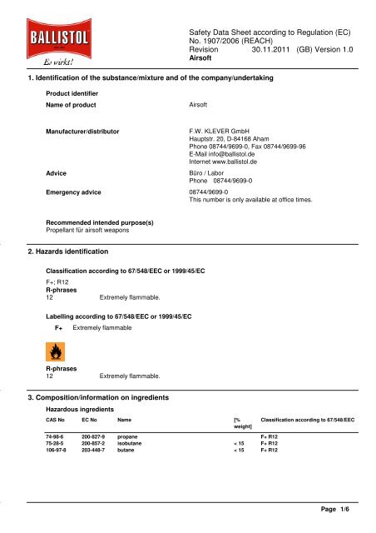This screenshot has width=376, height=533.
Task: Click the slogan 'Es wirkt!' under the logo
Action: [x=47, y=62]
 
